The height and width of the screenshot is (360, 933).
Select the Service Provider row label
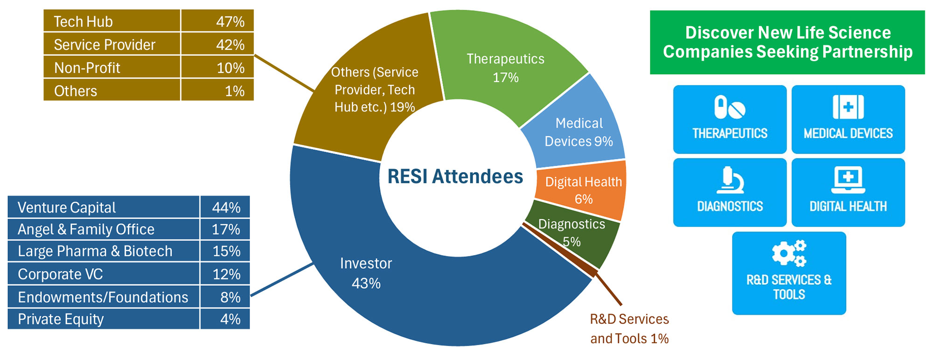(104, 45)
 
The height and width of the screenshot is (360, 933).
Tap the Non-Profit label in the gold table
(87, 68)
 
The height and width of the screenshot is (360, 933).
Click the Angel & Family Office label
(86, 229)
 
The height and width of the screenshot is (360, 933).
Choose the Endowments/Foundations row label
(103, 297)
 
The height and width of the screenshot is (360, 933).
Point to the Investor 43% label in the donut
(366, 273)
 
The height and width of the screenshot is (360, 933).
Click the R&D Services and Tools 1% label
(629, 329)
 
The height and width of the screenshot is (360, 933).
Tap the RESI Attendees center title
(455, 177)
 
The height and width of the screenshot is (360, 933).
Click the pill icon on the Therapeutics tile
(730, 107)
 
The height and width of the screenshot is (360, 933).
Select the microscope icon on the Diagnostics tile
(730, 180)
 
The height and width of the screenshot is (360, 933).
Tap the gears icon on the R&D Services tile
(789, 253)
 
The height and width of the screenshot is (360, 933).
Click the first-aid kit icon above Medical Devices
(848, 107)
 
